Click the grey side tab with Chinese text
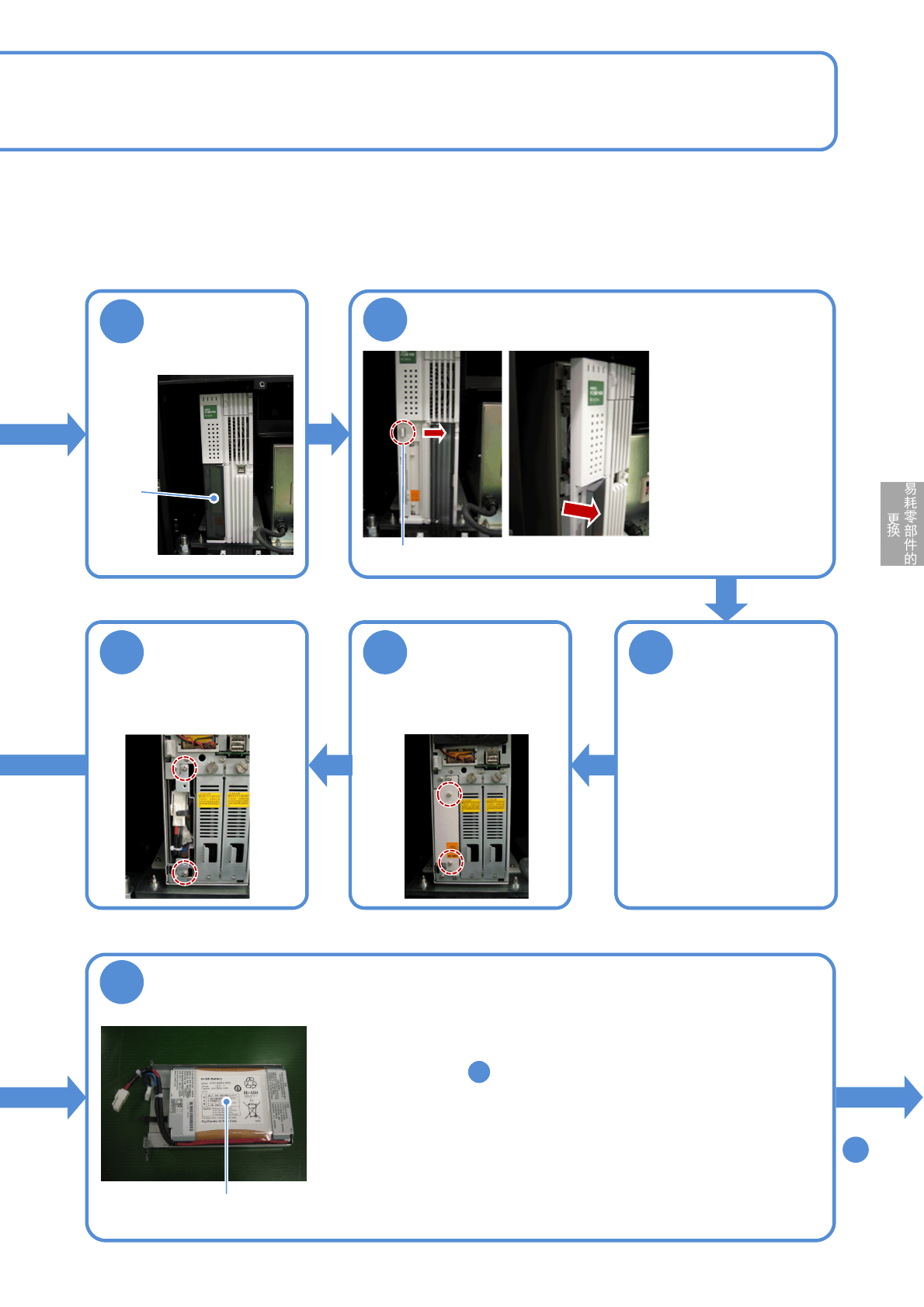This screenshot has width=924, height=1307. [901, 523]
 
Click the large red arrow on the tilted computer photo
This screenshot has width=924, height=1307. [581, 511]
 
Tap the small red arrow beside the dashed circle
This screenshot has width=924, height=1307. [435, 432]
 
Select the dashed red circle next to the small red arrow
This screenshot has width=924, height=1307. [403, 432]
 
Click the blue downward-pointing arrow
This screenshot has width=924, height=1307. [726, 598]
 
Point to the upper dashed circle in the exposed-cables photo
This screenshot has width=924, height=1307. [184, 768]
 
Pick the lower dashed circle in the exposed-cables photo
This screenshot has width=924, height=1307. [184, 872]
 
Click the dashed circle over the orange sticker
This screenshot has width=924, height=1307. [451, 862]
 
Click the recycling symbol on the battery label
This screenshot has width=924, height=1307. [250, 1082]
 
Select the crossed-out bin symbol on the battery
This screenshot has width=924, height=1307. [252, 1110]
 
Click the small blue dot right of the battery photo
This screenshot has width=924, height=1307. [479, 1072]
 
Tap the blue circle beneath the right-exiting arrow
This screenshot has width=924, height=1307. [855, 1149]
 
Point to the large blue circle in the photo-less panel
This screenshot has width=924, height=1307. [651, 652]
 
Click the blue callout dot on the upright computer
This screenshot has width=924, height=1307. [214, 498]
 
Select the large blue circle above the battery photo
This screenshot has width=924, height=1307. [122, 983]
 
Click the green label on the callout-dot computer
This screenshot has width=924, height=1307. [210, 411]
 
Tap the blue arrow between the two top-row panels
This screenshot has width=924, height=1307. [328, 433]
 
